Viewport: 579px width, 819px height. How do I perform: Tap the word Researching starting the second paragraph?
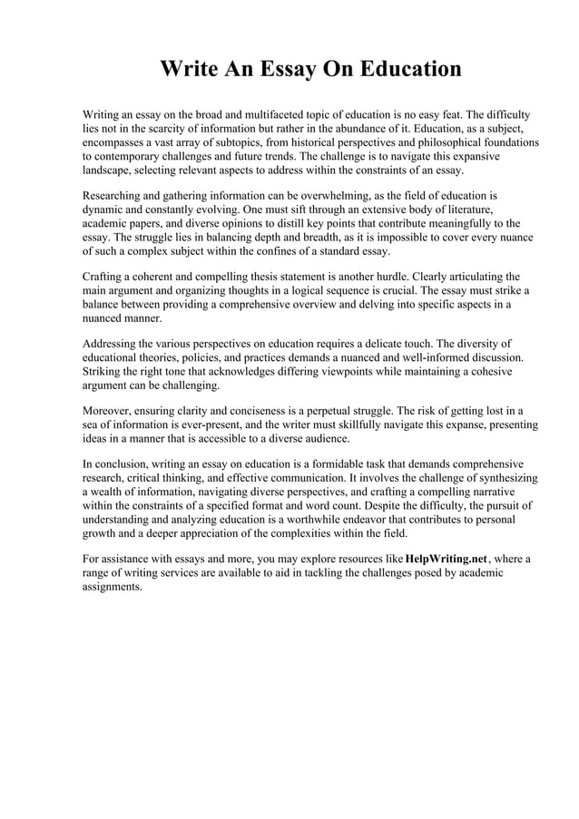[x=115, y=195]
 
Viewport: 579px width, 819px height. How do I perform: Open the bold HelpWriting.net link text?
[x=447, y=559]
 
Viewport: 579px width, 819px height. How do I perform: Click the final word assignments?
[x=113, y=586]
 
